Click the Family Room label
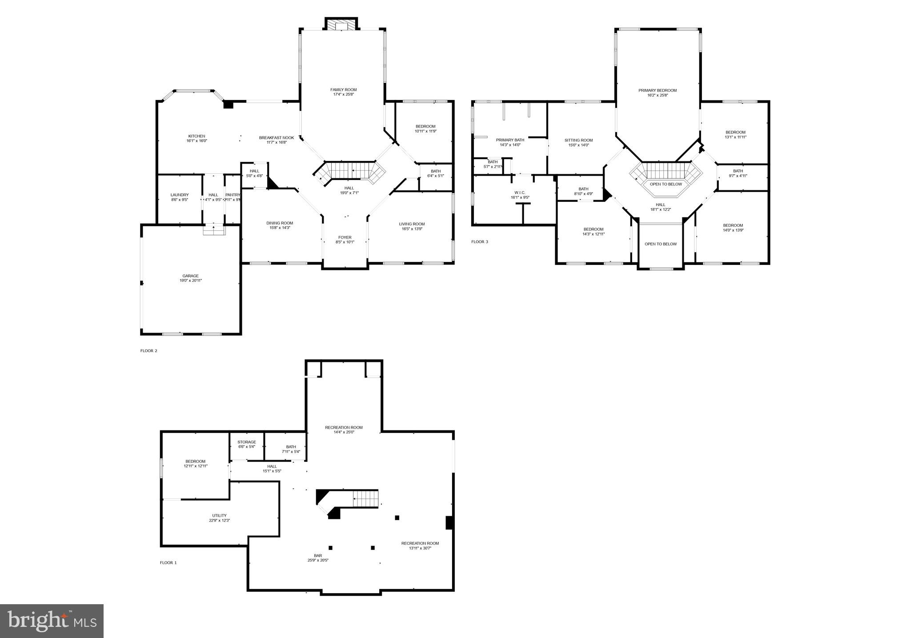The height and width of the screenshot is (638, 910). click(343, 90)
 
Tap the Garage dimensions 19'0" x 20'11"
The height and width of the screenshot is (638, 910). click(191, 281)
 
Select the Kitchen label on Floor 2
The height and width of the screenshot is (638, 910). click(196, 136)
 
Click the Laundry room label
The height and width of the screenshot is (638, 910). click(180, 195)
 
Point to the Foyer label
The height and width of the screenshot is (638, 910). click(345, 237)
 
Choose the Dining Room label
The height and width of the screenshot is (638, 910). click(280, 223)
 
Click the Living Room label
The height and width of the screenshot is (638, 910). click(412, 224)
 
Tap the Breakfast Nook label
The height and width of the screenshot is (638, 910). click(277, 138)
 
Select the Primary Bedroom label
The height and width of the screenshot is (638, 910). click(657, 90)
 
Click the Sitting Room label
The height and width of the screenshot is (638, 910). click(578, 140)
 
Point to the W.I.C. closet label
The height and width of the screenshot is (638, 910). click(520, 193)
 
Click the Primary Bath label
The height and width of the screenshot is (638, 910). click(510, 140)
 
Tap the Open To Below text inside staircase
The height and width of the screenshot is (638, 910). click(665, 184)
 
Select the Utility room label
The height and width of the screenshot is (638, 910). click(219, 516)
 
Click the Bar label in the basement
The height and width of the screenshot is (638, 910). click(318, 556)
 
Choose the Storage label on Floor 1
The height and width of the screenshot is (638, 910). click(246, 442)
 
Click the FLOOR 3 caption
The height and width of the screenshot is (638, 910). click(480, 242)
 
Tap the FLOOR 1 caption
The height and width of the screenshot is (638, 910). click(168, 563)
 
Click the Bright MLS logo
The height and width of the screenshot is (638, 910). click(52, 621)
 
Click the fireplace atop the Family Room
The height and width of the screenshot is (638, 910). click(341, 25)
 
